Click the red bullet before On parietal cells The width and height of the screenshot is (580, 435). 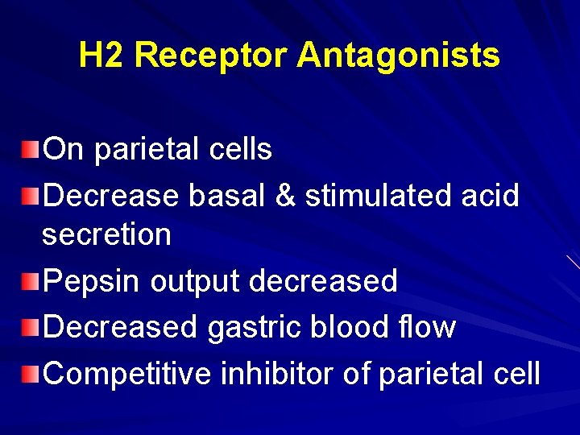tap(31, 148)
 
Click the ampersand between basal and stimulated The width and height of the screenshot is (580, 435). tap(286, 196)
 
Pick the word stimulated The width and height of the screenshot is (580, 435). tap(371, 196)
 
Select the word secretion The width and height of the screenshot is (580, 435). tap(106, 235)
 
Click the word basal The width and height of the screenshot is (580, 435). tap(228, 196)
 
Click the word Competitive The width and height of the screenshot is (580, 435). tap(130, 374)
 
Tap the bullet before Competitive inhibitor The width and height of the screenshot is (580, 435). tap(31, 373)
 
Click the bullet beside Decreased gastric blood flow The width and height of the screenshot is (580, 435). tap(31, 327)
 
